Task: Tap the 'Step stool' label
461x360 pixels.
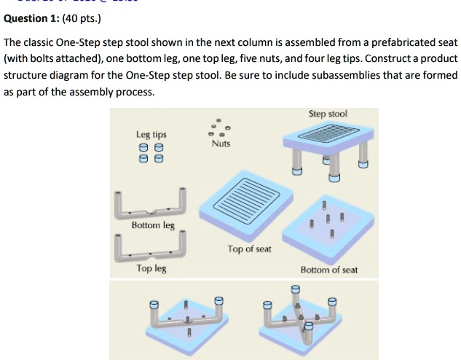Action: point(328,114)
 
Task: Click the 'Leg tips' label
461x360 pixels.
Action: point(151,135)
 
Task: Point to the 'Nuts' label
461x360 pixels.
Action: point(221,144)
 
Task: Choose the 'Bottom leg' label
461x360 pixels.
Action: point(153,225)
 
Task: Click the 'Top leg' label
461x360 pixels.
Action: point(151,269)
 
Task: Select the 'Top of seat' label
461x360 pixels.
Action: point(249,249)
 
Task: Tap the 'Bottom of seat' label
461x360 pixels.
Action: point(329,270)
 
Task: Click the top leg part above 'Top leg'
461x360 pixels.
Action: point(150,246)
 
